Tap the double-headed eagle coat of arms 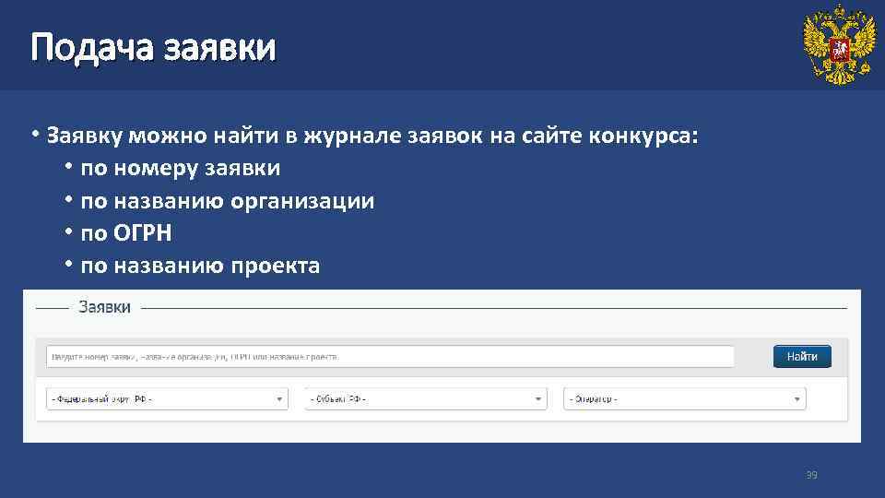point(838,45)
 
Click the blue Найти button point(801,356)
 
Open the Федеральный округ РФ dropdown point(167,398)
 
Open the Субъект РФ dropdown point(426,398)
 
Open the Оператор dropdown point(684,398)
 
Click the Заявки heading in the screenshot point(104,307)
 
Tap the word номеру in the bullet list point(144,169)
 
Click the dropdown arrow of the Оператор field point(796,399)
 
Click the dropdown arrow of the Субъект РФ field point(538,399)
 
